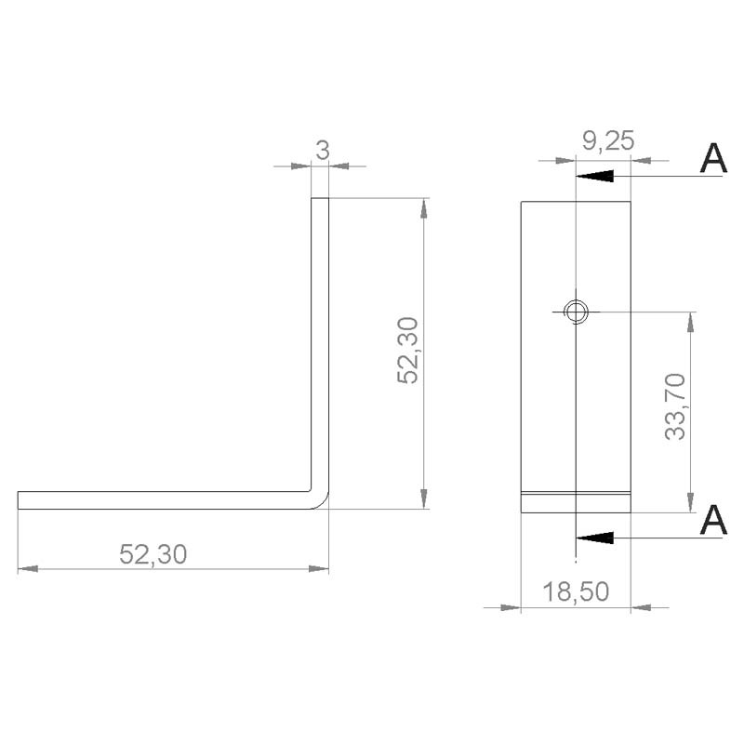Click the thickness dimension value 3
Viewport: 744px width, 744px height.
[322, 150]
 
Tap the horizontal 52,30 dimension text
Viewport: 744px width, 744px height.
[153, 554]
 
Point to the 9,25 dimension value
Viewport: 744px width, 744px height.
[607, 141]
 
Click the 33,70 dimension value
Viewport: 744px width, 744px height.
[675, 405]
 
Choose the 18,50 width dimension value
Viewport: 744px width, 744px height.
[577, 591]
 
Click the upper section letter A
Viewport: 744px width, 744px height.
[712, 159]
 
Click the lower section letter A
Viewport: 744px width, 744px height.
[712, 520]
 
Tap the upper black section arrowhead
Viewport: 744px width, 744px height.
[594, 176]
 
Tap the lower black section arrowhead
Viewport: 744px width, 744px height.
[594, 537]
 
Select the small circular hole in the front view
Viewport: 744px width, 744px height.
[577, 311]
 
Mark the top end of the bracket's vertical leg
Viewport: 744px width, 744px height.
[320, 199]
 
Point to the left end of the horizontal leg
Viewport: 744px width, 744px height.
[20, 500]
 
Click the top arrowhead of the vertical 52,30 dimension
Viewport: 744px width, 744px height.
[424, 208]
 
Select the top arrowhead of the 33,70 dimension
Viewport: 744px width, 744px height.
[689, 321]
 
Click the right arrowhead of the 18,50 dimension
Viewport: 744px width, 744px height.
[641, 607]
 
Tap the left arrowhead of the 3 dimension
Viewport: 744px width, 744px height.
[300, 166]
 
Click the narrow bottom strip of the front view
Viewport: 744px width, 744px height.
[576, 502]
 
